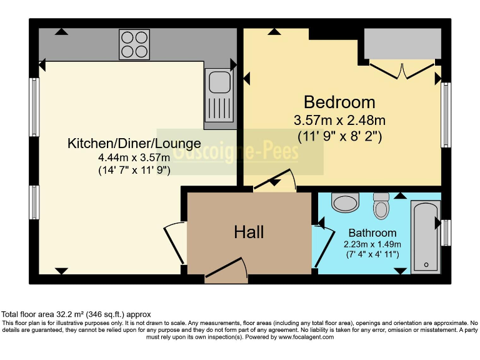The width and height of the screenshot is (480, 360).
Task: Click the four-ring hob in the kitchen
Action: [x=134, y=44]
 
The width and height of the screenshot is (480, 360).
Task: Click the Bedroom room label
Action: [x=339, y=102]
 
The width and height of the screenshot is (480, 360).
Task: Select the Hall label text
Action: [x=249, y=232]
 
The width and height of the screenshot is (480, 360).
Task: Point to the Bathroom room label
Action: [x=372, y=232]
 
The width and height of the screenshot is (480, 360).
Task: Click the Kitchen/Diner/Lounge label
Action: [x=134, y=144]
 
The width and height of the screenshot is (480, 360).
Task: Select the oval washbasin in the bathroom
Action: [x=344, y=202]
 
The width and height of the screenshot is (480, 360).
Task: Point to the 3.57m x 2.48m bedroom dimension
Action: [x=339, y=119]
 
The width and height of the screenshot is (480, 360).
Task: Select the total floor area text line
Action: [x=76, y=314]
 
